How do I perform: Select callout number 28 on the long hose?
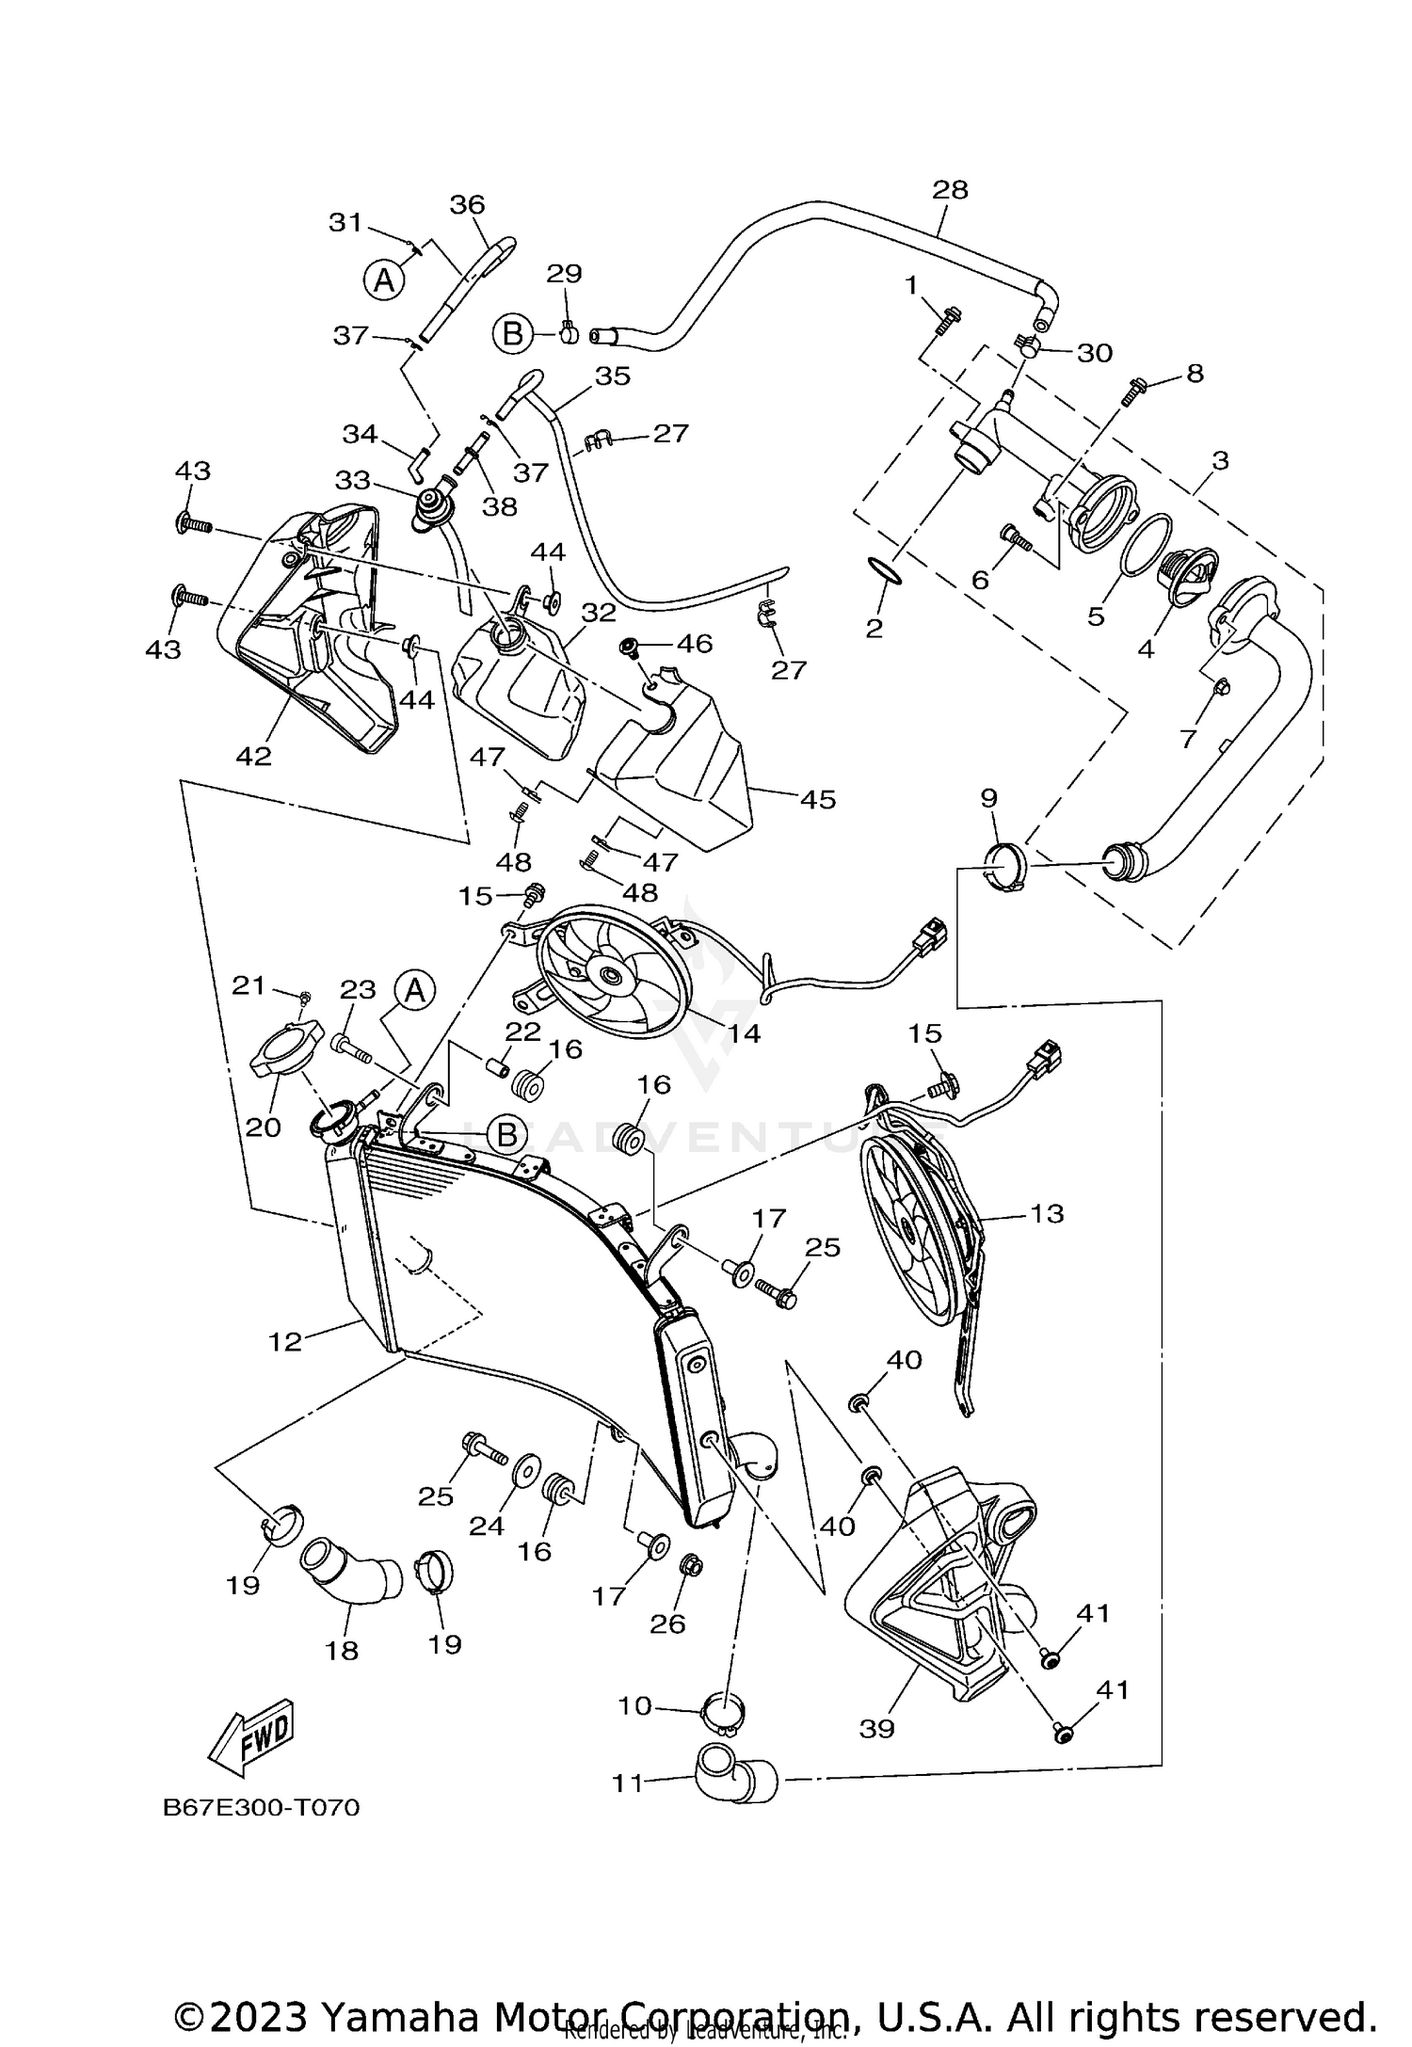950,190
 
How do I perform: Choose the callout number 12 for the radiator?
285,1341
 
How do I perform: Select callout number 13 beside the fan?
1047,1213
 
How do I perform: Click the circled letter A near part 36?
384,280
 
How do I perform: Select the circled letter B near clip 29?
513,333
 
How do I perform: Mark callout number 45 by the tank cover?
817,799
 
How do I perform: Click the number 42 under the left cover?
254,756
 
